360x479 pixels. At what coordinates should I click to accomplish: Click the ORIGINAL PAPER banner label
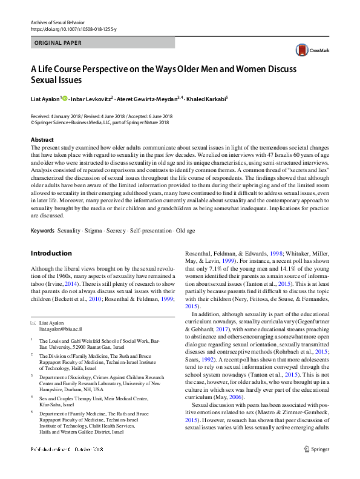(x=58, y=43)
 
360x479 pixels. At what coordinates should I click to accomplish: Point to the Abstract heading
(x=42, y=139)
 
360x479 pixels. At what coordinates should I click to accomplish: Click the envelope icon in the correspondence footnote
(x=33, y=324)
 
